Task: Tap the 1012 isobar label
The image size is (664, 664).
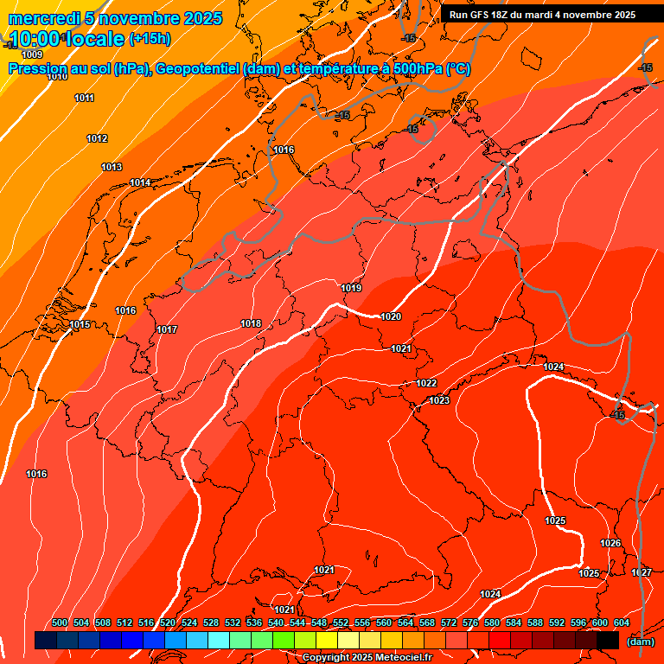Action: [97, 139]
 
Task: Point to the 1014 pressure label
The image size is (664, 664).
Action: [140, 182]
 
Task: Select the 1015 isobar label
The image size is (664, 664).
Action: [80, 324]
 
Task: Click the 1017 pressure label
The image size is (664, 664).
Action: [167, 329]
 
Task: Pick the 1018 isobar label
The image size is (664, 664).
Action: [251, 323]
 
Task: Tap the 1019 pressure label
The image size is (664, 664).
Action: [351, 288]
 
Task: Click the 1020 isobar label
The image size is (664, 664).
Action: [391, 316]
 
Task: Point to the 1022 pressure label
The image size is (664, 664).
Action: [426, 383]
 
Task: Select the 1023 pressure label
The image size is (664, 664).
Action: [439, 400]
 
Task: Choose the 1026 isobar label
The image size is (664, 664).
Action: [610, 543]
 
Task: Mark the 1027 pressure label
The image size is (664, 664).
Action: [641, 573]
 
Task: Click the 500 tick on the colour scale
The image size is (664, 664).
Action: [60, 622]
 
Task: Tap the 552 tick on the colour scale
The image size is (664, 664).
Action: [341, 622]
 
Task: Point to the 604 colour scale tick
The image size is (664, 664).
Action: [621, 622]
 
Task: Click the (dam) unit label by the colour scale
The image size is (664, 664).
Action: [640, 642]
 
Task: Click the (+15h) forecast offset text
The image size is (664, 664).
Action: [150, 38]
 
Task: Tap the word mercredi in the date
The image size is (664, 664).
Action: [42, 18]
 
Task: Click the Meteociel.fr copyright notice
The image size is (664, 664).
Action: [367, 658]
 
